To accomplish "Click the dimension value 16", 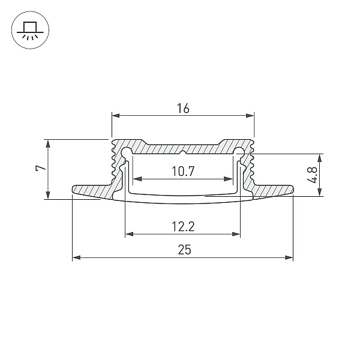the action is [x=183, y=109].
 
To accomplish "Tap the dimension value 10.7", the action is [x=183, y=171].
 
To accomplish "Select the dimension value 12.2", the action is [x=183, y=226].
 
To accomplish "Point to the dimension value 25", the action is [x=184, y=250].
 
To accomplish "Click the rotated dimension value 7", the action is [x=41, y=168].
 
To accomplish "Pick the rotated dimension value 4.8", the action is [x=312, y=175].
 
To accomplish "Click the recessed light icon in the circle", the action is [x=30, y=31].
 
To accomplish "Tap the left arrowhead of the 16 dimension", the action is [x=116, y=115].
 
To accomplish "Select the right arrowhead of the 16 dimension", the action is [x=250, y=115].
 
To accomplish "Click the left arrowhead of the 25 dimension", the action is [x=76, y=257].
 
